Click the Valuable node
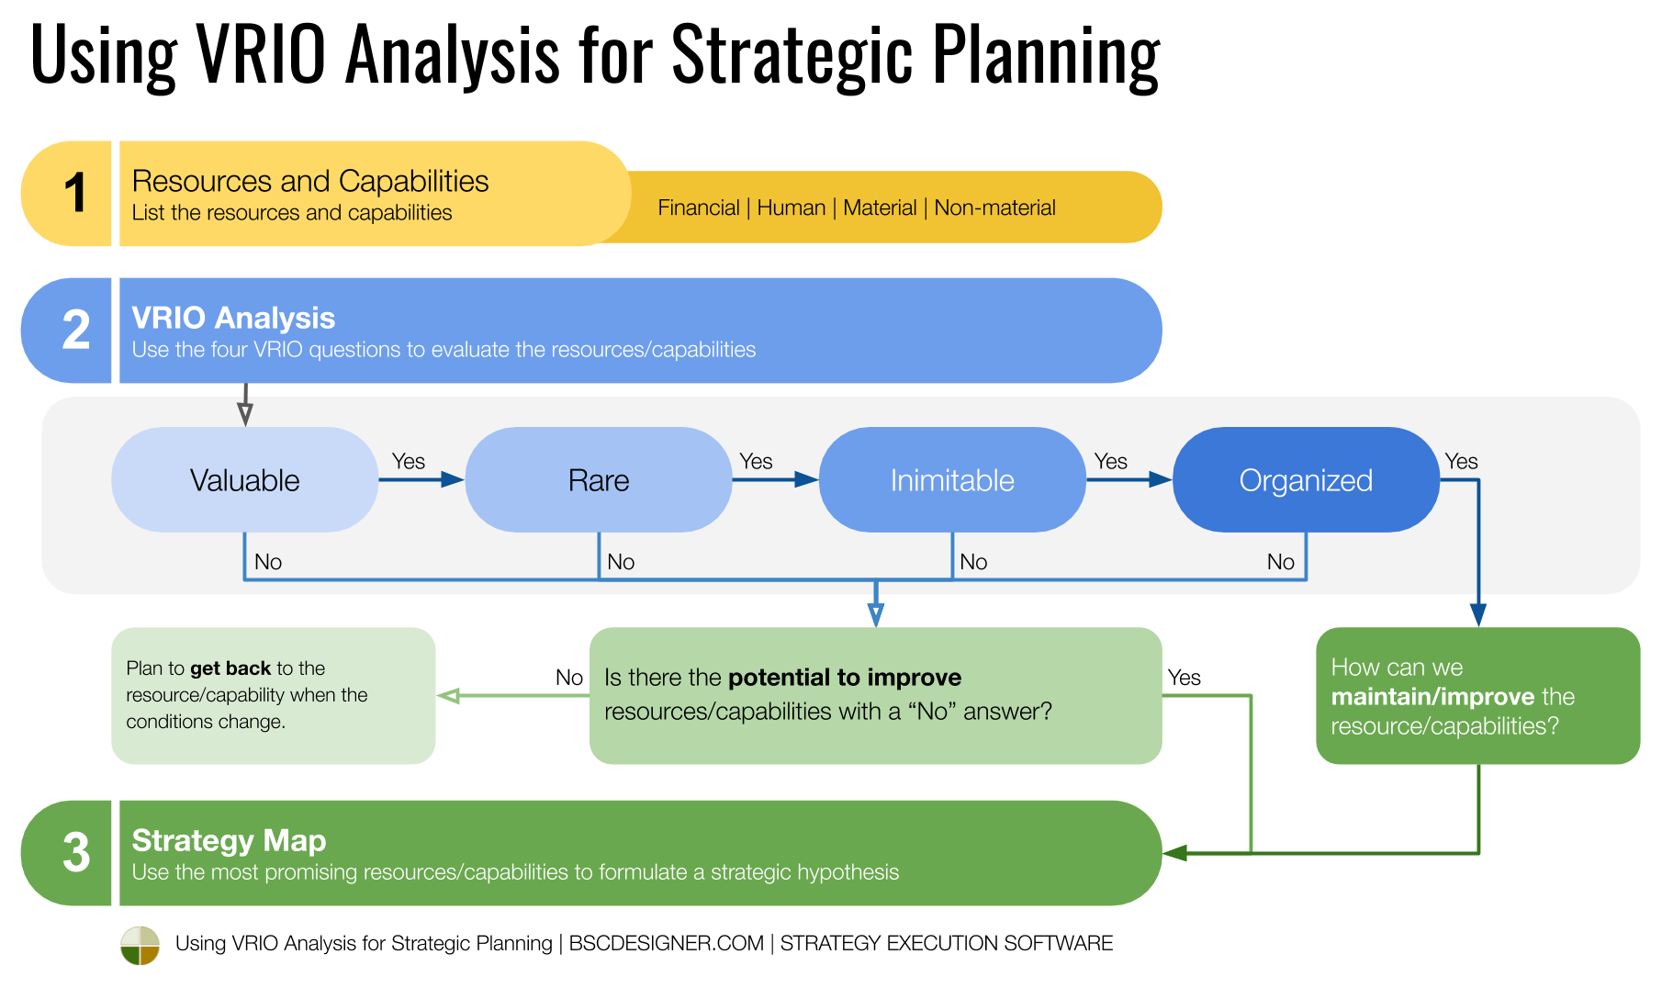(x=244, y=480)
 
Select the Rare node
(x=598, y=480)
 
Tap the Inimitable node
(x=951, y=480)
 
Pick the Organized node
(x=1305, y=480)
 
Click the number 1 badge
(x=75, y=194)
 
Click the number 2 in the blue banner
(x=75, y=331)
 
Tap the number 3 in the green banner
(x=75, y=853)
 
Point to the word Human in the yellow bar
(x=791, y=208)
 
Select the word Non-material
(x=994, y=208)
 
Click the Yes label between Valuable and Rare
(x=408, y=462)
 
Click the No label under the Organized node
(x=1280, y=562)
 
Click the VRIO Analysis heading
(x=233, y=318)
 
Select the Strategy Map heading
(x=229, y=840)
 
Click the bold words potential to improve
(x=844, y=678)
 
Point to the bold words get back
(x=230, y=668)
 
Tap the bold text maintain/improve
(x=1432, y=697)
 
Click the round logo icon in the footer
(x=140, y=945)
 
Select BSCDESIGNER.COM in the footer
(x=666, y=944)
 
